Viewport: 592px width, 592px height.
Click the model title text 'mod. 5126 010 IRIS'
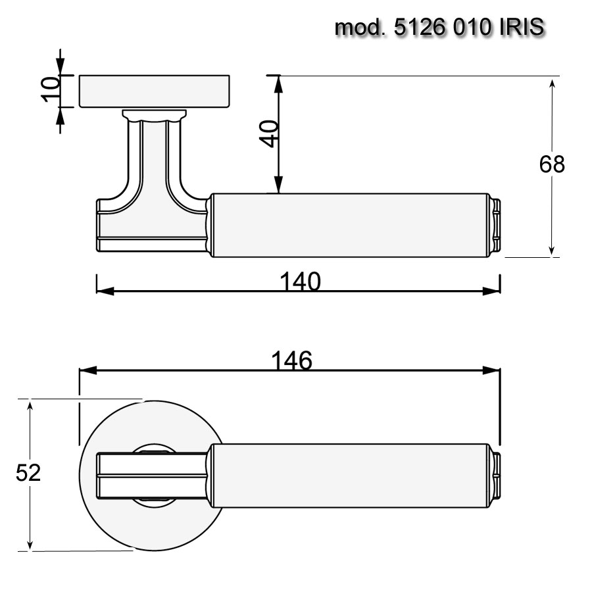click(x=439, y=28)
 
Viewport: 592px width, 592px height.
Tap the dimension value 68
click(x=552, y=164)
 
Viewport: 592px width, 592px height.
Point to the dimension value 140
click(x=300, y=282)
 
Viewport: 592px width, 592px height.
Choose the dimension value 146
click(x=291, y=360)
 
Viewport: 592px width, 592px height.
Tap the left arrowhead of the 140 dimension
click(x=103, y=291)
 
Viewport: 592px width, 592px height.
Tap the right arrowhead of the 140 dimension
click(x=494, y=291)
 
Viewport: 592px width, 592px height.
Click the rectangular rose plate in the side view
click(x=155, y=91)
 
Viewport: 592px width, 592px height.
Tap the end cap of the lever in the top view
click(x=496, y=475)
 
